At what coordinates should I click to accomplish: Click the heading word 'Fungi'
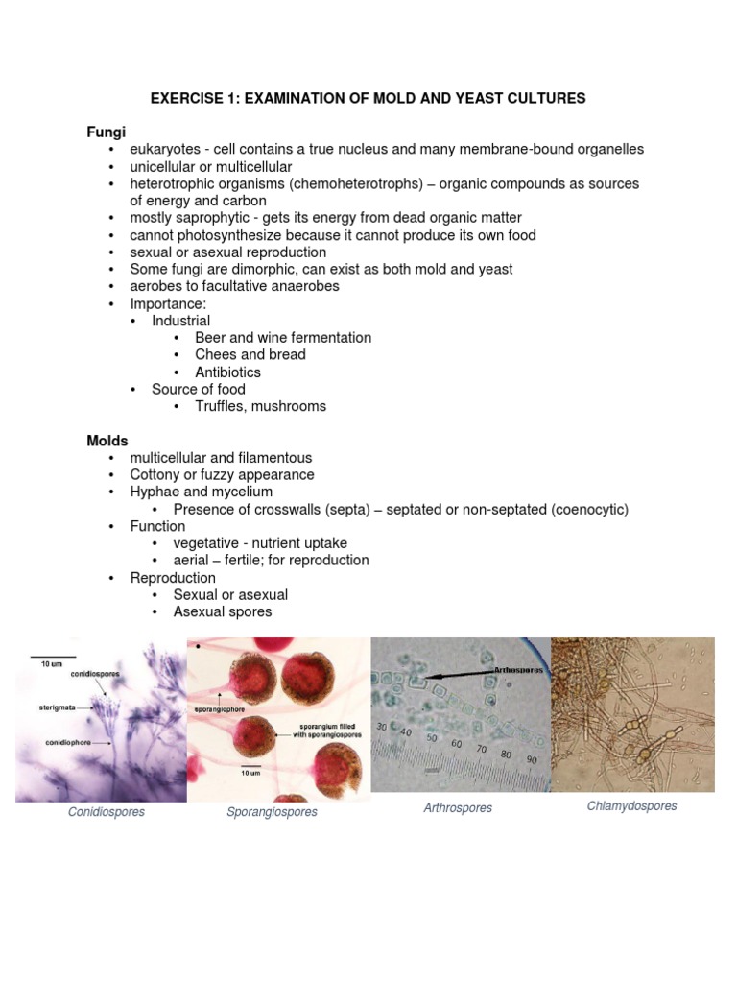107,132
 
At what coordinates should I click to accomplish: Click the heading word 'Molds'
107,441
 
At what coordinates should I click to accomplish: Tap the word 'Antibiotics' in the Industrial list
227,372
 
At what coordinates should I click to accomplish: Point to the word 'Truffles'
220,406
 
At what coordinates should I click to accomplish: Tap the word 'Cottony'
156,474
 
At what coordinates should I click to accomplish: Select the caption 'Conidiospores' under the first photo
107,812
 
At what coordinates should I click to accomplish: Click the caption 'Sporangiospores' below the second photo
272,812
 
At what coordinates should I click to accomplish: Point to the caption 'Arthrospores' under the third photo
458,808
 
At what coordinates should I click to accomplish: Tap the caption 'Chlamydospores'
631,806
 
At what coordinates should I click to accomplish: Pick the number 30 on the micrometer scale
382,726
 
